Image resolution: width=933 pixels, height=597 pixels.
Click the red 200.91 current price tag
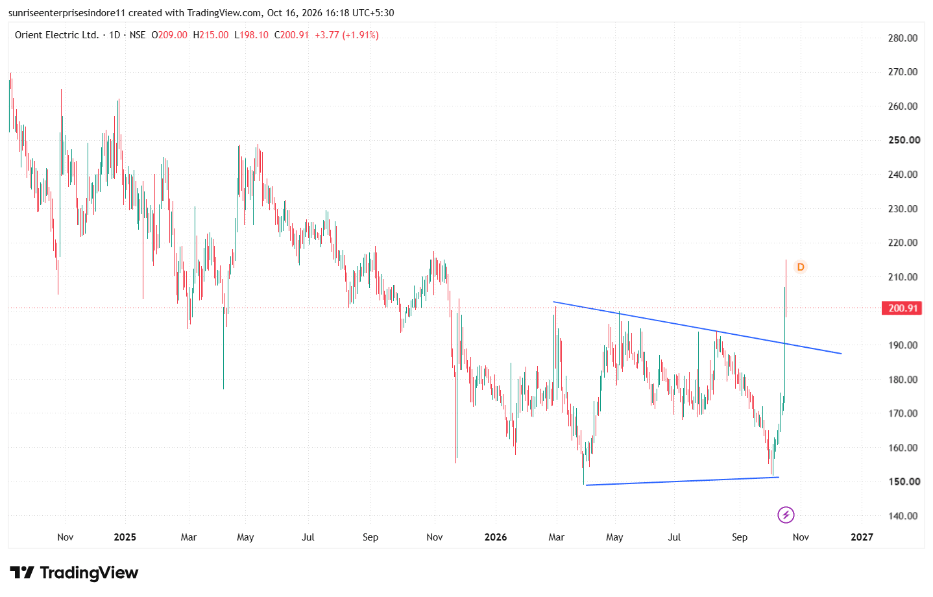tap(901, 308)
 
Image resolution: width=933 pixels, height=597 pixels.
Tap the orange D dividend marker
tap(800, 267)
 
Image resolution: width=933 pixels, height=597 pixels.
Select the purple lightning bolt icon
tap(786, 515)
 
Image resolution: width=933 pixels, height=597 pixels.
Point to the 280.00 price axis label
tap(903, 38)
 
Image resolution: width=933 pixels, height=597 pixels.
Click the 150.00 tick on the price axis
tap(903, 481)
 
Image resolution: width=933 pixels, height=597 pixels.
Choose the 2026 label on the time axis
tap(496, 537)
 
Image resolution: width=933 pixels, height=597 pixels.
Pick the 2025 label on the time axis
tap(125, 537)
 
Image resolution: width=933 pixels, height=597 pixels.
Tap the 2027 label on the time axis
tap(862, 537)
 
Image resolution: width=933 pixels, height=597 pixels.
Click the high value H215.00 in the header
tap(211, 35)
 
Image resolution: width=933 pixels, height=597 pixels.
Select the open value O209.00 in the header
tap(169, 35)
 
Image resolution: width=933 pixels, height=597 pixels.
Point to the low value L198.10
tap(251, 35)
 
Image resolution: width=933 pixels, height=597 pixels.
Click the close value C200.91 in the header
tap(291, 35)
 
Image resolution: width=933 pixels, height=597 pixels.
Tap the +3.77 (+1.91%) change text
tap(346, 35)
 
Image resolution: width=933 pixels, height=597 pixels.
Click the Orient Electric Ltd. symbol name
tap(56, 35)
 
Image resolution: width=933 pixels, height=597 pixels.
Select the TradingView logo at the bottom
tap(74, 573)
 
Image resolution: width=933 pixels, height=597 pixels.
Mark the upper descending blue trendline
tap(697, 328)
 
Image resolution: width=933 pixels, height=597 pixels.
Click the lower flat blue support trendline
tap(683, 481)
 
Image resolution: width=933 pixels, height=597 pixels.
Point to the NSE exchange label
tap(138, 35)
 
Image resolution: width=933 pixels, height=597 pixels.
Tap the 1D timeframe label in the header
tap(115, 35)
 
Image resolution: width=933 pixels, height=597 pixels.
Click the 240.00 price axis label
tap(903, 175)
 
